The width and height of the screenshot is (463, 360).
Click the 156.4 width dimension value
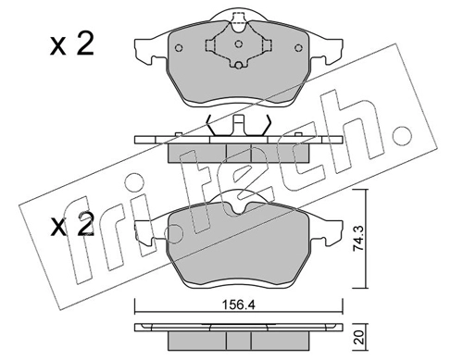pos(238,305)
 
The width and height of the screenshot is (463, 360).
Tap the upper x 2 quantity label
pos(72,45)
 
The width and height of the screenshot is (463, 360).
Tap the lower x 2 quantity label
pos(72,225)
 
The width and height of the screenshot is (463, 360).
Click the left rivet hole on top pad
pos(179,48)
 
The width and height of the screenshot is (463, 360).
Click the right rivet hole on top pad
pos(298,48)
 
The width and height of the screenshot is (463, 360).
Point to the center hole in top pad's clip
pos(238,44)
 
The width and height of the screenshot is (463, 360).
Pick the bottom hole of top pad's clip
pos(238,65)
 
